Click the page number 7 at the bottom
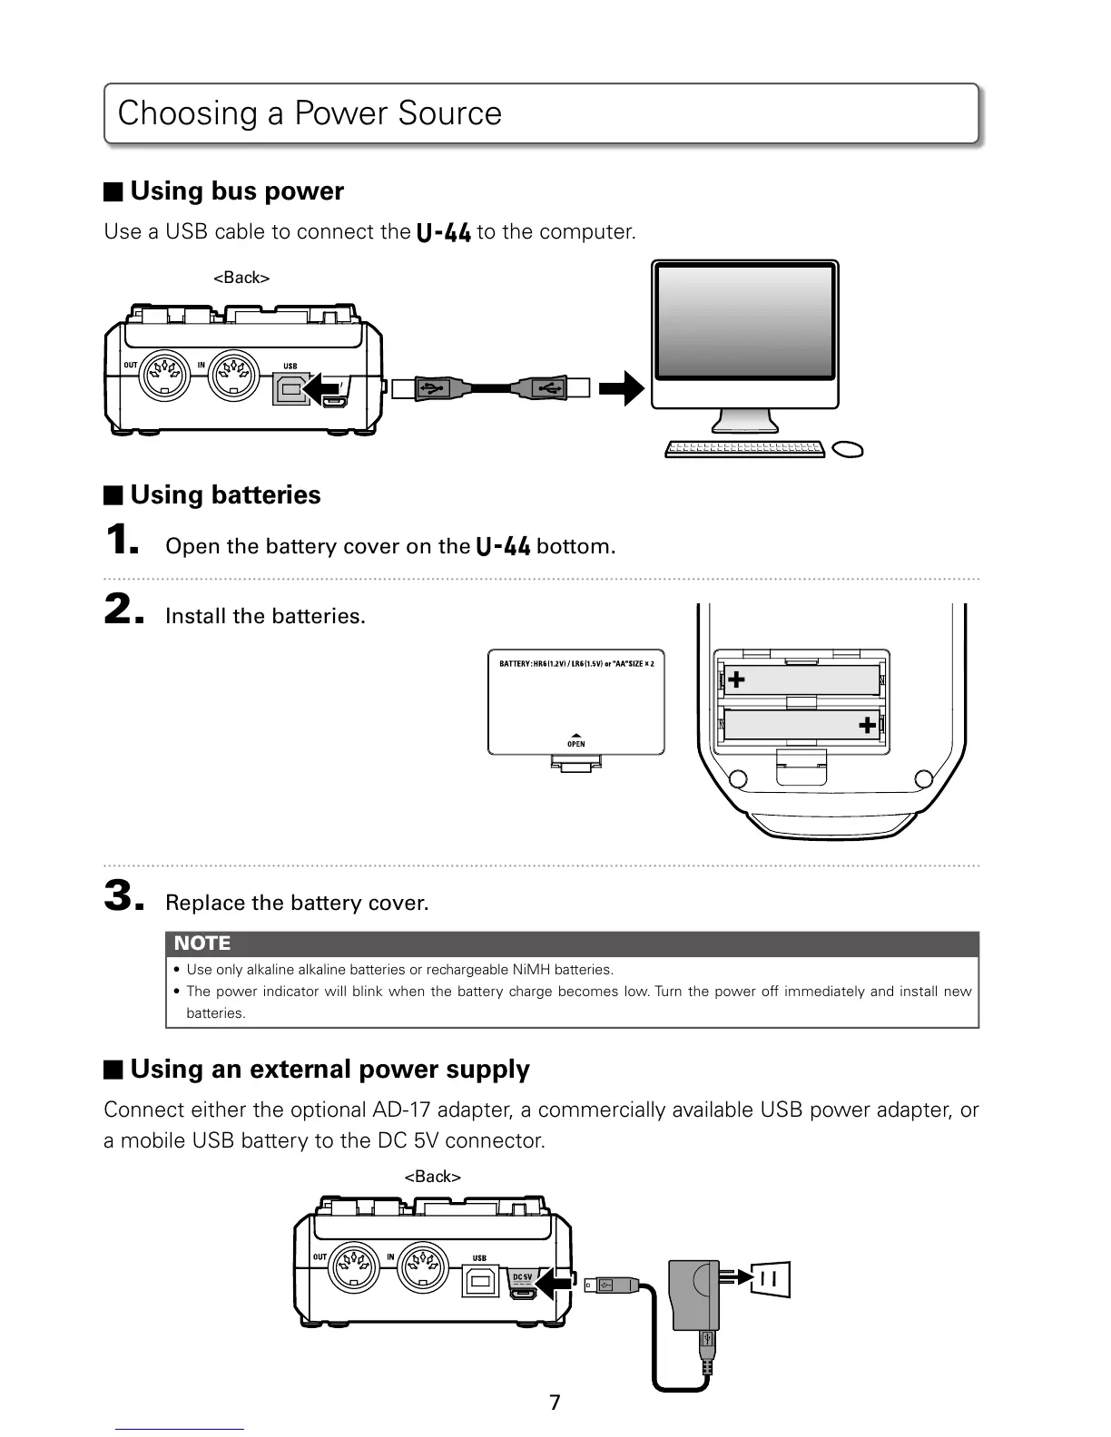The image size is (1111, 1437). pos(555,1403)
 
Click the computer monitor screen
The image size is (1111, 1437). pos(745,322)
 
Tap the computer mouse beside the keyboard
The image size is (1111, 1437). pos(847,449)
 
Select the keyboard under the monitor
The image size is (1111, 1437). pos(744,449)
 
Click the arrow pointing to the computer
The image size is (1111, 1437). pos(623,389)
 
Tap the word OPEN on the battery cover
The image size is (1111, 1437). pos(575,744)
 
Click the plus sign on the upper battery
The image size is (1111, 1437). pos(736,679)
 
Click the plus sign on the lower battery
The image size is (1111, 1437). pos(867,724)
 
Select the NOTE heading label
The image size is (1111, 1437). pos(202,943)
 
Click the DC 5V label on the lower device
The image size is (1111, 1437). pos(522,1277)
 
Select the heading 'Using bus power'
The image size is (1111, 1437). pos(237,191)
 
